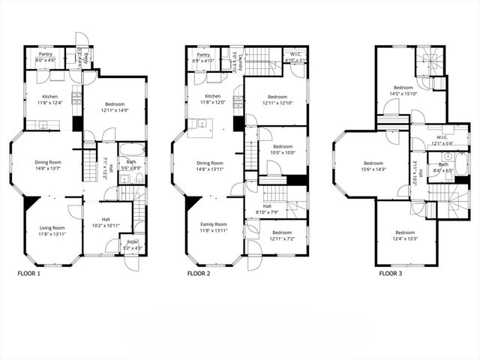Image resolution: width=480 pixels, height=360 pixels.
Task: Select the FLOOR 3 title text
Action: (x=394, y=274)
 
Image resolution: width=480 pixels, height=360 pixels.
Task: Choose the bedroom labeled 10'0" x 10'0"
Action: (x=282, y=149)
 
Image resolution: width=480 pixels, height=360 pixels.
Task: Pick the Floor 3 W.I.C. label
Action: (x=441, y=137)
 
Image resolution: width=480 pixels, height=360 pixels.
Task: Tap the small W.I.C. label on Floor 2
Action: (x=296, y=55)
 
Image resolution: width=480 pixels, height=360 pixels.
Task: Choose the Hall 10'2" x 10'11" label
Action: (x=106, y=223)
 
